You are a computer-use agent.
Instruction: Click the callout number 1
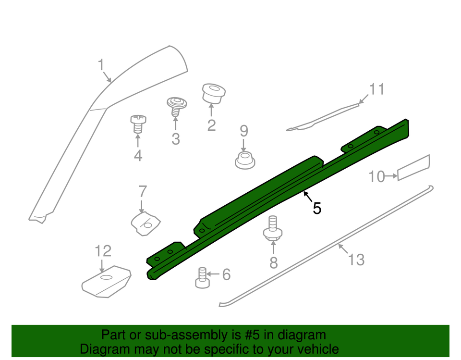101,65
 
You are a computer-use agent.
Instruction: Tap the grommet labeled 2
214,94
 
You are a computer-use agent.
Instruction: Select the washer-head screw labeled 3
176,107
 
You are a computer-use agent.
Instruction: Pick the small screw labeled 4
138,124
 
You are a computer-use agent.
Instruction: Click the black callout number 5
317,209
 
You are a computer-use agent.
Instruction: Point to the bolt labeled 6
202,278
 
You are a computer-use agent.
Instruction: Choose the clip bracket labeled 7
146,224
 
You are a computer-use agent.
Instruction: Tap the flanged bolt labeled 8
273,228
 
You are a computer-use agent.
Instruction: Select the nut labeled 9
245,160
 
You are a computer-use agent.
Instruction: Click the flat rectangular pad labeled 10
413,167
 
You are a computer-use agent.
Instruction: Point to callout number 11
376,89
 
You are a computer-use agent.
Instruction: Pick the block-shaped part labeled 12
106,281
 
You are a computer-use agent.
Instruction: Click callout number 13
356,260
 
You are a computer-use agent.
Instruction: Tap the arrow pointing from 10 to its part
391,176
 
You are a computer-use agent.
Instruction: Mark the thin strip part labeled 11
323,117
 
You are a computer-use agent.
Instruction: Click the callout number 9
244,131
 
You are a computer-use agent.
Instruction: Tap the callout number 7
143,191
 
